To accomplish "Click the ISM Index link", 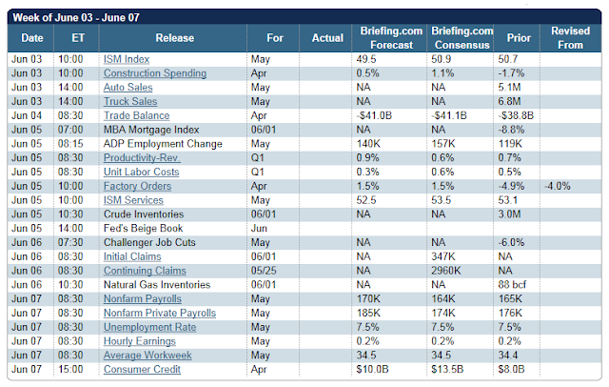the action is click(x=127, y=59).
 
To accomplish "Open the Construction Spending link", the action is click(x=155, y=73).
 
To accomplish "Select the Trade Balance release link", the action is click(x=136, y=115).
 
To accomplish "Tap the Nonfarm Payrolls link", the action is click(x=143, y=298).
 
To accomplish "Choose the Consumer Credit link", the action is click(x=142, y=369).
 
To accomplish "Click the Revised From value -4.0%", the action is click(x=558, y=186).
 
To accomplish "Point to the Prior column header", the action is click(x=519, y=38).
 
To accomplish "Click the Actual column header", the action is click(x=327, y=38).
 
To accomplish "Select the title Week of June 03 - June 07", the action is click(x=76, y=17).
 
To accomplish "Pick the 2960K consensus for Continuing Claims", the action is click(x=446, y=271).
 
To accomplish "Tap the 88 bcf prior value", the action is click(x=512, y=285).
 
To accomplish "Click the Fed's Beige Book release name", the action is click(x=143, y=229).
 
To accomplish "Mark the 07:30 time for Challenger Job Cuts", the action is click(x=70, y=242).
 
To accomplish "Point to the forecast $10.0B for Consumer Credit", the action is click(x=372, y=369).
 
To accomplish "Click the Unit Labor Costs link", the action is click(x=142, y=172).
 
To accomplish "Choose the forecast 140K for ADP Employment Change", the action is click(x=368, y=144).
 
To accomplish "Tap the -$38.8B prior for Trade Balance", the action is click(x=516, y=115).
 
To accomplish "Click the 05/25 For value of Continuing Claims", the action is click(x=264, y=271).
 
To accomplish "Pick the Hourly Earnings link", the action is click(x=140, y=341).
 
